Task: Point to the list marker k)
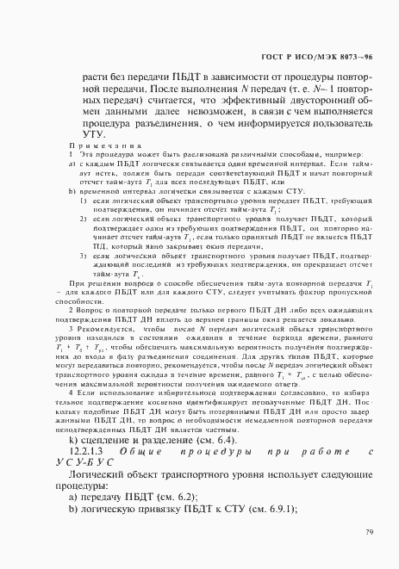click(x=75, y=438)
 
